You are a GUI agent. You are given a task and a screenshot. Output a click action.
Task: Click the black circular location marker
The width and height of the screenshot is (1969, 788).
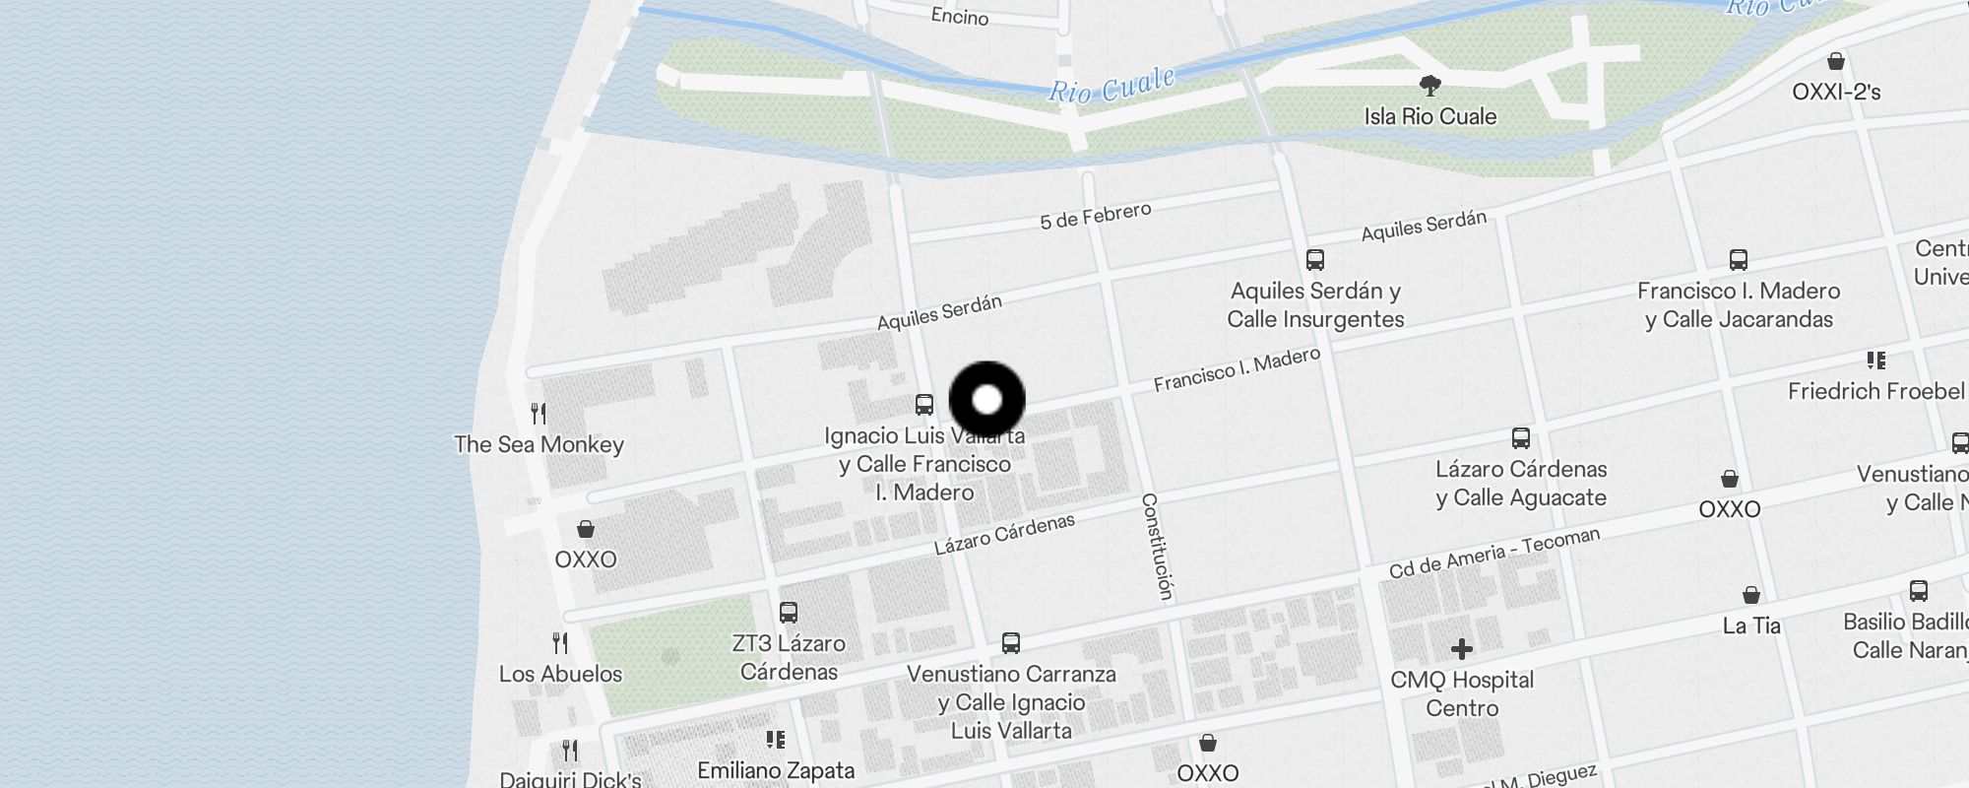pos(986,400)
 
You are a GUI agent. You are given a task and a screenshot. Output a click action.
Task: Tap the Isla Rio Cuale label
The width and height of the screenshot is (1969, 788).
pos(1429,116)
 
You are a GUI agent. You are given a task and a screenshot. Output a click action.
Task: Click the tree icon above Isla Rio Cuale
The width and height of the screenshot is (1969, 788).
pos(1430,85)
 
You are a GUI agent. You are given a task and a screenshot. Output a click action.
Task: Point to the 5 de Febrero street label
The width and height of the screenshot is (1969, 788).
pos(1095,216)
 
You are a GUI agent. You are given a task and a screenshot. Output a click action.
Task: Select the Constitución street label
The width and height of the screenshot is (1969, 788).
pos(1158,547)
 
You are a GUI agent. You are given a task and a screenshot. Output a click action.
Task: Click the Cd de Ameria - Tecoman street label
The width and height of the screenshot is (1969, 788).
pos(1493,553)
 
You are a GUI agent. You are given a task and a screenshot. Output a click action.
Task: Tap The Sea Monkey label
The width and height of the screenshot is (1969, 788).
pos(539,444)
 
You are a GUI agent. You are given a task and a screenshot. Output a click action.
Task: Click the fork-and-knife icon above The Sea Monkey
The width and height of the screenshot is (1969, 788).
pos(539,413)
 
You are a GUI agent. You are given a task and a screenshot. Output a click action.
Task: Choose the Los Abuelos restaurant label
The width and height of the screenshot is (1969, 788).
pos(560,674)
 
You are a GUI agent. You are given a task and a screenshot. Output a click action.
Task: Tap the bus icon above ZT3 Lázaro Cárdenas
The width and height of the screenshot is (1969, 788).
pos(789,612)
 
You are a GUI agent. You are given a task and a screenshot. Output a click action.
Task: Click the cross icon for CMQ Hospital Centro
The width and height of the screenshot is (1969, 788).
pos(1462,648)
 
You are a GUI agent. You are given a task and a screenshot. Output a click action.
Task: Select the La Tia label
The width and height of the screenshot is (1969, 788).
pos(1751,625)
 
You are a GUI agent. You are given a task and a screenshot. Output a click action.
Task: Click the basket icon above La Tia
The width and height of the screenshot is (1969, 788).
pos(1751,595)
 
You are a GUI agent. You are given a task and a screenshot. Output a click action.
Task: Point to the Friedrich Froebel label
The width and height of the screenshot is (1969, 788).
pos(1875,391)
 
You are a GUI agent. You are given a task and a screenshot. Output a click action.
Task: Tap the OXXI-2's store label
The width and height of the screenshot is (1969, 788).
pos(1836,92)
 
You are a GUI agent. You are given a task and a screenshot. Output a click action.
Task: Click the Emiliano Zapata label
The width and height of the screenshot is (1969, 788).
pos(776,770)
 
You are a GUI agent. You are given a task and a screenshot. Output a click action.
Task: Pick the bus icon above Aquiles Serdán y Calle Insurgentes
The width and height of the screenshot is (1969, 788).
pos(1315,260)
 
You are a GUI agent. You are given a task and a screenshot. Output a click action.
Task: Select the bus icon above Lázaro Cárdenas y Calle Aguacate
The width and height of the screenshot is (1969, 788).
pos(1521,438)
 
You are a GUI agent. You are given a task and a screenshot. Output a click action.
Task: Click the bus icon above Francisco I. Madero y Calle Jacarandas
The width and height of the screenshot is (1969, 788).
pos(1739,260)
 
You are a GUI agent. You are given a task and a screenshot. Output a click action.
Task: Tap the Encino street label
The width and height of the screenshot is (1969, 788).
pos(959,17)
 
